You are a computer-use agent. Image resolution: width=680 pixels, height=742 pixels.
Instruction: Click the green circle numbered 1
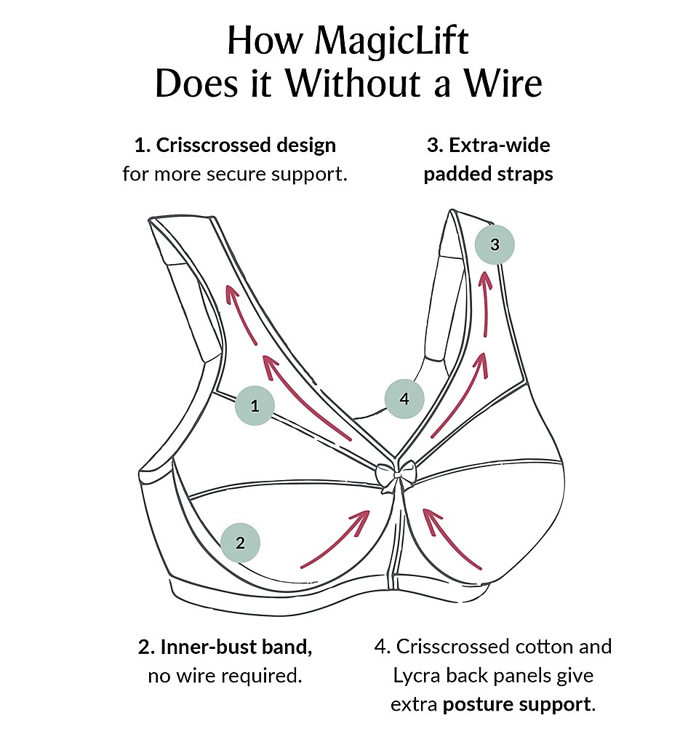255,406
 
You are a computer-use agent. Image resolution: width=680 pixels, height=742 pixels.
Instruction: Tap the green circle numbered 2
241,542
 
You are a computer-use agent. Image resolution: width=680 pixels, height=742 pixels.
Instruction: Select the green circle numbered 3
495,244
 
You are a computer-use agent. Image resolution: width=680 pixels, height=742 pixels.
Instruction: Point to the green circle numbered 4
404,399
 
